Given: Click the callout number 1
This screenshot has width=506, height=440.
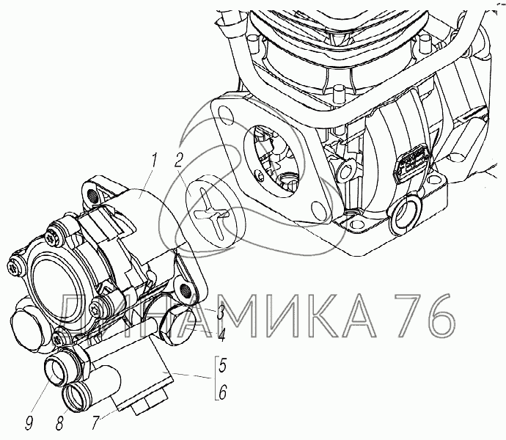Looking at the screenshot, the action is click(x=153, y=161).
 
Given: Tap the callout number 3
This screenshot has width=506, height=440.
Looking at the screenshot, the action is click(x=220, y=312).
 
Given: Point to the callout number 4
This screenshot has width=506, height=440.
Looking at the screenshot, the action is click(x=221, y=335).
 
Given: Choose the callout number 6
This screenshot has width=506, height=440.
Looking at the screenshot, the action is click(x=223, y=392).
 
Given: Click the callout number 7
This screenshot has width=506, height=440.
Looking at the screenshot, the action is click(x=95, y=422).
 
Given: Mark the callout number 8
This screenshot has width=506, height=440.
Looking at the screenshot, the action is click(x=59, y=422).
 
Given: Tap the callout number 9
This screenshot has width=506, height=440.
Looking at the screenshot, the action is click(x=29, y=422).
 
